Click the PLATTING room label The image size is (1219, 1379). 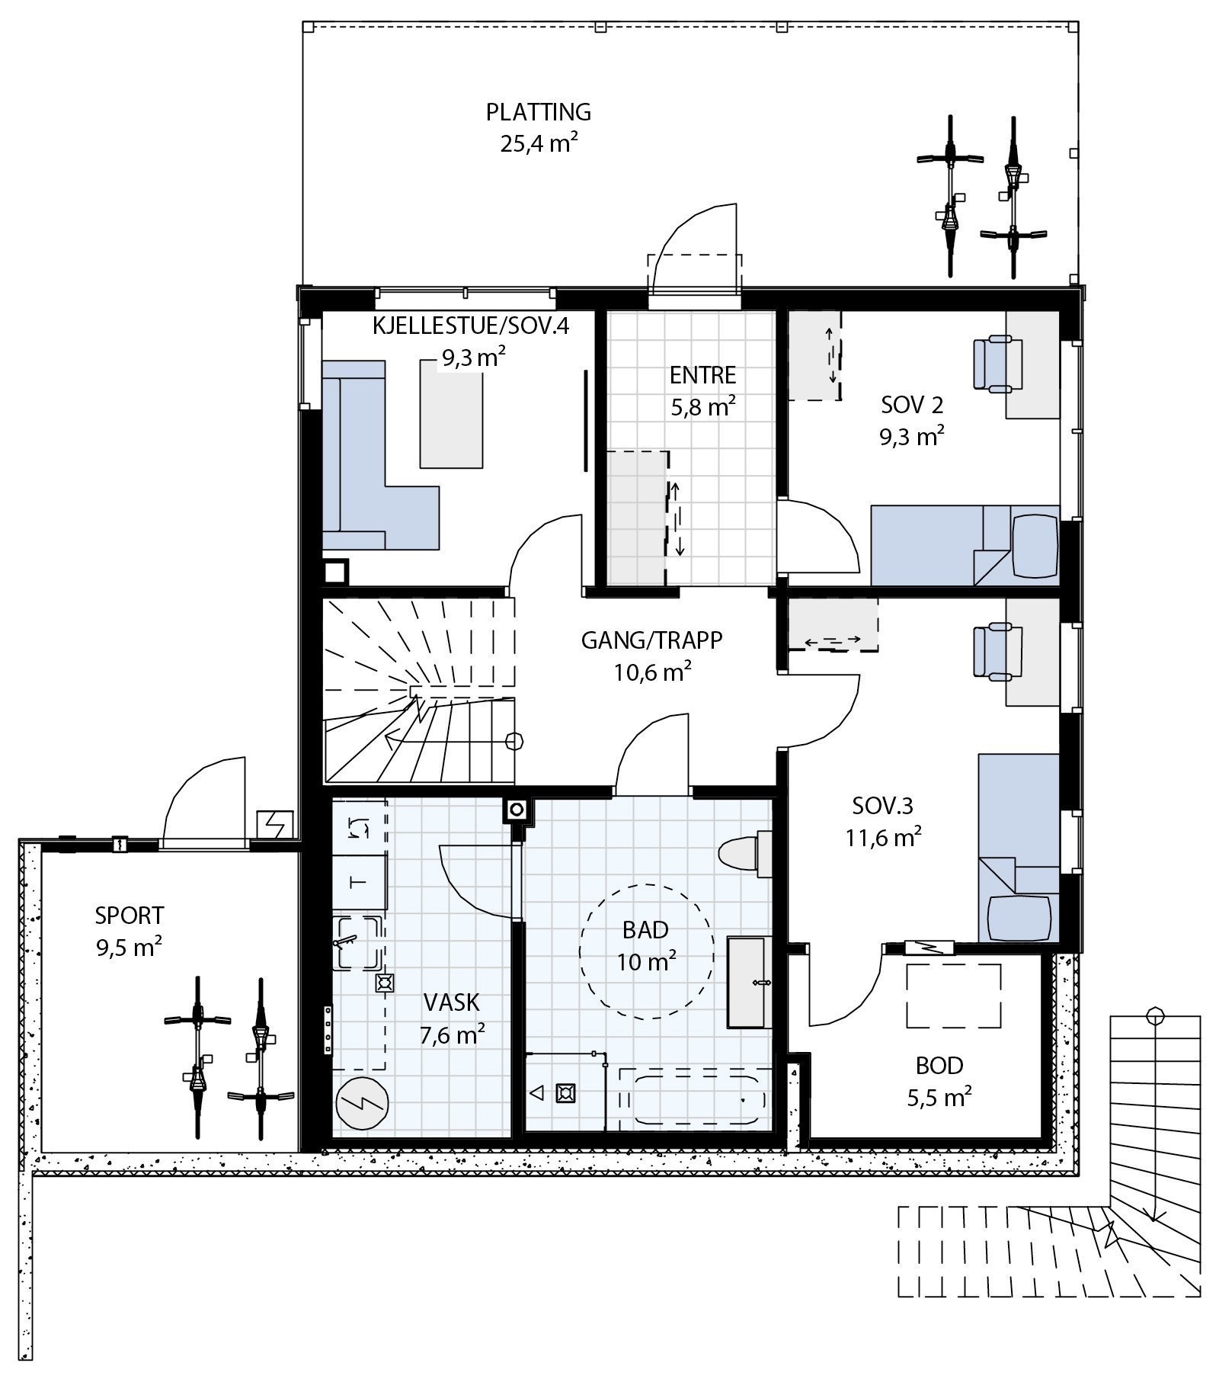(x=539, y=112)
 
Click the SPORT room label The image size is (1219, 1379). (x=130, y=914)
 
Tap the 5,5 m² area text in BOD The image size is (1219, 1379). (x=939, y=1098)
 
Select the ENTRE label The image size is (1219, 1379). (x=703, y=375)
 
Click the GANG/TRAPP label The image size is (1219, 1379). (x=651, y=640)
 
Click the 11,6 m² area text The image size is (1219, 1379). (x=883, y=839)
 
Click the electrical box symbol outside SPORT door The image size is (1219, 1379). (x=275, y=824)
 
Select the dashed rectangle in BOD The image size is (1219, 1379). (x=953, y=996)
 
